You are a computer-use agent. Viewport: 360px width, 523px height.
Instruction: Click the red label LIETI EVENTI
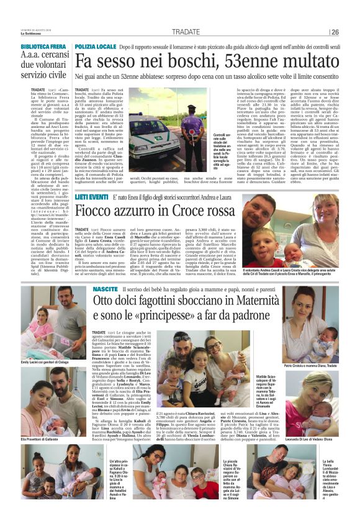pyautogui.click(x=92, y=197)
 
